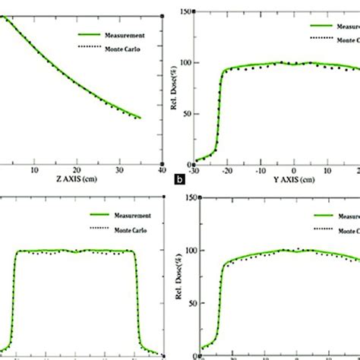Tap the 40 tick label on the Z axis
pyautogui.click(x=161, y=170)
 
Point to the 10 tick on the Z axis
pyautogui.click(x=33, y=170)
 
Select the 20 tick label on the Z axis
pyautogui.click(x=76, y=170)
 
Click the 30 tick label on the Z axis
pyautogui.click(x=118, y=170)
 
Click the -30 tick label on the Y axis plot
pyautogui.click(x=198, y=170)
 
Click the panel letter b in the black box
pyautogui.click(x=178, y=181)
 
